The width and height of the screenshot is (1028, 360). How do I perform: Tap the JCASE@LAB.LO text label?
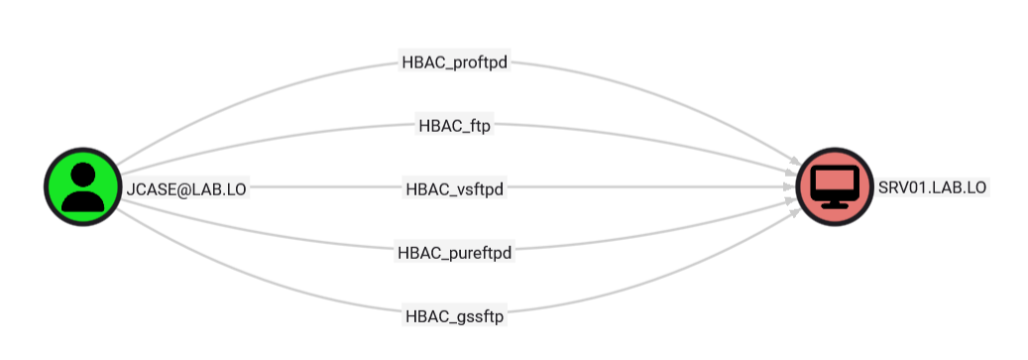(185, 187)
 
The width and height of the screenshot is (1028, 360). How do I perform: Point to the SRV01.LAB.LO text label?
(932, 186)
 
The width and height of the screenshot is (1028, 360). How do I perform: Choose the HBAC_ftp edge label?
(455, 126)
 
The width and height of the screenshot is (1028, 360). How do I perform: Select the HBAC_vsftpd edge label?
(455, 187)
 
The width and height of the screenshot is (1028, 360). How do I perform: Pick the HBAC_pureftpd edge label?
(455, 252)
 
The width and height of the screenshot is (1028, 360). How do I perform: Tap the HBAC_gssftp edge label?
(455, 316)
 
